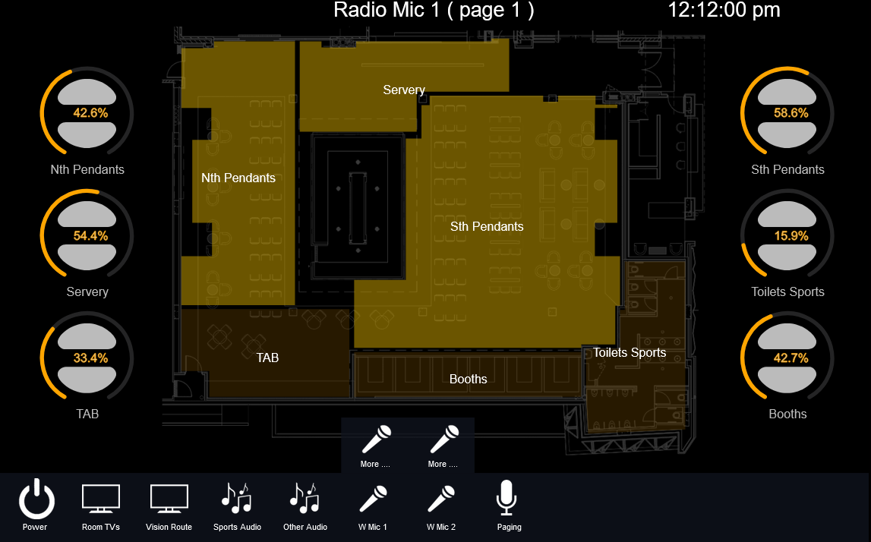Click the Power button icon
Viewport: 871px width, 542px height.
coord(36,498)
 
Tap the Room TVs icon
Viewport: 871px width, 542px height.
coord(101,498)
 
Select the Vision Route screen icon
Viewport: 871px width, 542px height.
coord(169,498)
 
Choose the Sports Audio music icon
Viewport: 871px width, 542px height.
coord(237,497)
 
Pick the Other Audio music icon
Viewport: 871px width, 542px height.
coord(305,497)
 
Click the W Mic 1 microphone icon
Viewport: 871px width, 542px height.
coord(373,498)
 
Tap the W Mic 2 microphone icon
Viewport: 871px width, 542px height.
coord(441,498)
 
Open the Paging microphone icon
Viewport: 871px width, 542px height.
coord(507,497)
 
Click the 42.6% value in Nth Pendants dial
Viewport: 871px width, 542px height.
coord(90,113)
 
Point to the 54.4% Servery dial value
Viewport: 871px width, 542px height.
coord(90,236)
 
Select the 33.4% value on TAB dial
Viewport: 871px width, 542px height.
coord(90,358)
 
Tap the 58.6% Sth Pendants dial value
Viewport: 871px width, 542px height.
coord(791,113)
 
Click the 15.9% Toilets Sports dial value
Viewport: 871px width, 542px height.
coord(791,236)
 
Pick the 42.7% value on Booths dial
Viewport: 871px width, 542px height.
coord(791,358)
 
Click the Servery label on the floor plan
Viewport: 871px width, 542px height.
coord(404,90)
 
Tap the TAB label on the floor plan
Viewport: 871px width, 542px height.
coord(267,358)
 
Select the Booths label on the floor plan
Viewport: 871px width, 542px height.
coord(469,379)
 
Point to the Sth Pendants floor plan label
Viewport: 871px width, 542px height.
coord(487,226)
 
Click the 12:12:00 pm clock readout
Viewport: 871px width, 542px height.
coord(724,10)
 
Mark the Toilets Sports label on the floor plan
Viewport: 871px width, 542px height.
coord(630,353)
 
